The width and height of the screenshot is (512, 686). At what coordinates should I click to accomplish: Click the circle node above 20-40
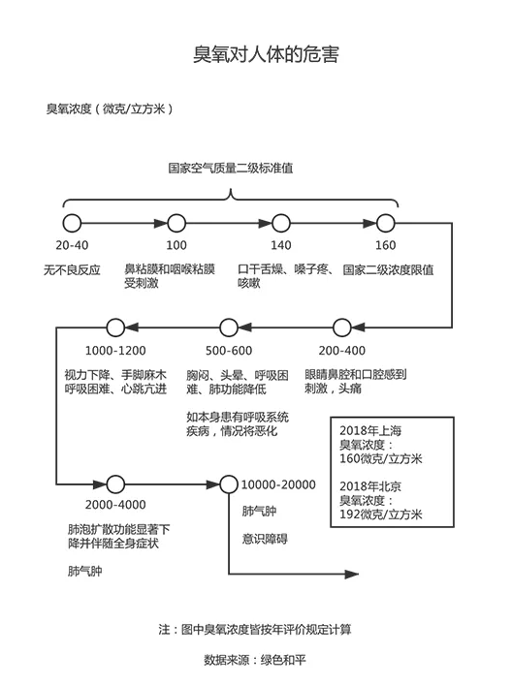72,222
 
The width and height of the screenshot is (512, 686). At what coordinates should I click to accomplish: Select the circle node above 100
176,222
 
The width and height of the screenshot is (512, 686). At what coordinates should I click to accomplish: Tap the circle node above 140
281,222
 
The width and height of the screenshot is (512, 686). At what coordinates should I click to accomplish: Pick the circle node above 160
385,222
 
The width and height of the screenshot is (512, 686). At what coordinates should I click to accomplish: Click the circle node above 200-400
342,327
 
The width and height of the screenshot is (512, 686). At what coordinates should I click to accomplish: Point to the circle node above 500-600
228,327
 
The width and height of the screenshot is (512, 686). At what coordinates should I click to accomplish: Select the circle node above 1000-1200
115,327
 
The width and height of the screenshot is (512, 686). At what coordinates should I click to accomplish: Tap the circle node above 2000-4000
115,483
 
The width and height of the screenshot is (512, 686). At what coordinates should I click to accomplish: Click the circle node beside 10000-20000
229,483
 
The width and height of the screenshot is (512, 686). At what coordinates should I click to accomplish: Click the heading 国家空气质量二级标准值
231,167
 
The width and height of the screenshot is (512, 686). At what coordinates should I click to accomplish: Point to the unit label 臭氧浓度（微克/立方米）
110,109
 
